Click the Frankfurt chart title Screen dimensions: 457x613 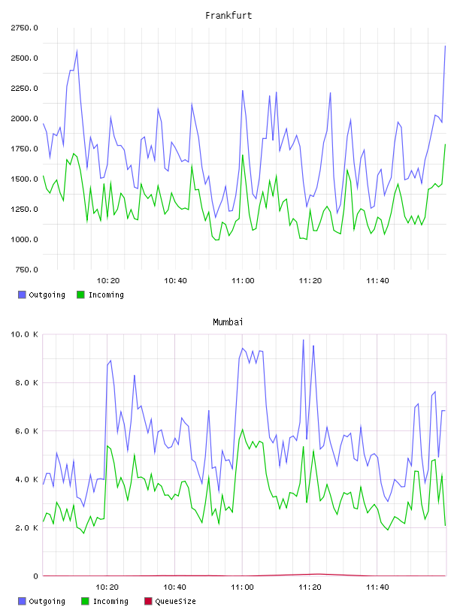tap(228, 16)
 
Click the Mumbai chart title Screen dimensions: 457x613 tap(228, 322)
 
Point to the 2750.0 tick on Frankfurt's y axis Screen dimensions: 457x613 tap(24, 28)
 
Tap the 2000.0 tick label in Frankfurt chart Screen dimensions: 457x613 tap(24, 119)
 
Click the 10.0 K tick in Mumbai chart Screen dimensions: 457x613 tap(24, 334)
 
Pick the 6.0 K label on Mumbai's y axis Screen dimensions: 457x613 tap(26, 430)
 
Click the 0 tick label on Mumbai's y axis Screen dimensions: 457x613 tap(35, 576)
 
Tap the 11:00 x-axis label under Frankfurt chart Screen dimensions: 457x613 tap(243, 281)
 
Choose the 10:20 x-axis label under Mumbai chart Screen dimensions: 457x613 tap(107, 587)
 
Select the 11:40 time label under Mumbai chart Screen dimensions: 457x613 tap(377, 587)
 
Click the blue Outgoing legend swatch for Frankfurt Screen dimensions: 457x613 tap(22, 294)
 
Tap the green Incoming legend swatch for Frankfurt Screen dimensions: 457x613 tap(80, 294)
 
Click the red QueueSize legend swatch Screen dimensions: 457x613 tap(148, 601)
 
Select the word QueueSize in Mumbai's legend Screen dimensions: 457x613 tap(176, 601)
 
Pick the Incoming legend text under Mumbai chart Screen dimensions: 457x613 tap(110, 601)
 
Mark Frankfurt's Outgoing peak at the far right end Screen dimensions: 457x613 tap(445, 46)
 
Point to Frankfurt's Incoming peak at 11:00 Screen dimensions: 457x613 tap(243, 156)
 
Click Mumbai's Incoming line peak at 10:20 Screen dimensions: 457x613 tap(107, 445)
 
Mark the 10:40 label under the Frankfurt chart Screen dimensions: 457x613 tap(175, 281)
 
